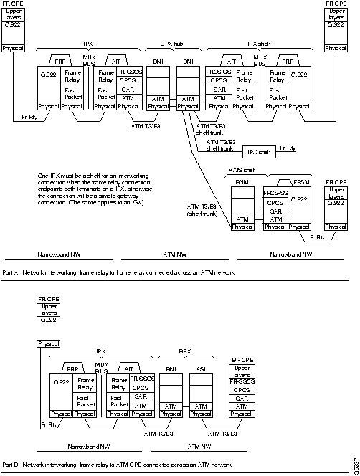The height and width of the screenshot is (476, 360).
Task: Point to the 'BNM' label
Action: (242, 184)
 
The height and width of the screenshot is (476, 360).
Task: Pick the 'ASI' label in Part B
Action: (201, 368)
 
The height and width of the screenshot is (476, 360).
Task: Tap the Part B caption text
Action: (118, 464)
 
